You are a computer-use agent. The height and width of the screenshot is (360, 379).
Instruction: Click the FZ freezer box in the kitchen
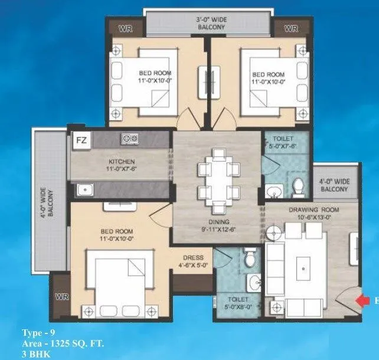coord(81,142)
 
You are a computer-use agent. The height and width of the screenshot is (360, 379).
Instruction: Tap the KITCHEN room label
coord(122,162)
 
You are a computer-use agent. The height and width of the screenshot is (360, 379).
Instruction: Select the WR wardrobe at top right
coord(290,28)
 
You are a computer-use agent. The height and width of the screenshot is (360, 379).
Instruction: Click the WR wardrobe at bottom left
coord(62,297)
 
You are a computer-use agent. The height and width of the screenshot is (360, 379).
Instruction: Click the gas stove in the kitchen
coord(129,139)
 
